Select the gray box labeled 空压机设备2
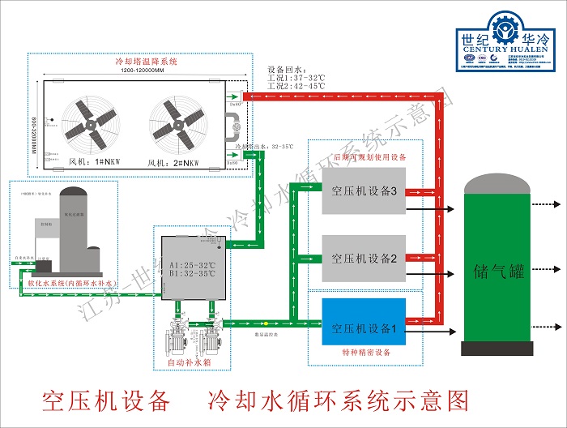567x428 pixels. (x=364, y=259)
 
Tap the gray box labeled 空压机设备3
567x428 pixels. (x=364, y=192)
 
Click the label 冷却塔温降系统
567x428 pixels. (x=147, y=62)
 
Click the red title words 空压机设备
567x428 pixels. (x=106, y=400)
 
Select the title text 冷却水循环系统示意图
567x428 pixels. (x=339, y=400)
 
